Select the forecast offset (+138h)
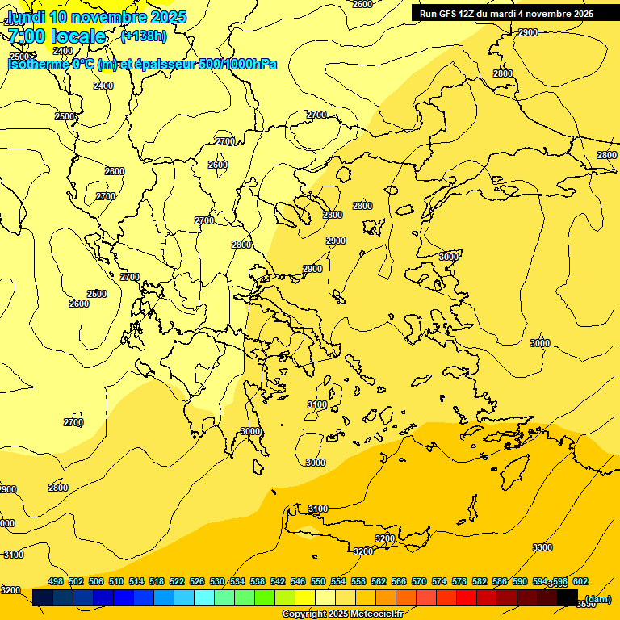[x=143, y=36]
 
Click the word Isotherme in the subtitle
[x=38, y=64]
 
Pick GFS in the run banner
[x=450, y=14]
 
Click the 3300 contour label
[x=542, y=547]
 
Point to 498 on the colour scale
[x=56, y=581]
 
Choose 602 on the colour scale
[x=580, y=581]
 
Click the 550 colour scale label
[x=318, y=581]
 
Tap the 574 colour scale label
[x=439, y=581]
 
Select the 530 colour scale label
[x=217, y=581]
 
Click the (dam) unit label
[x=597, y=598]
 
